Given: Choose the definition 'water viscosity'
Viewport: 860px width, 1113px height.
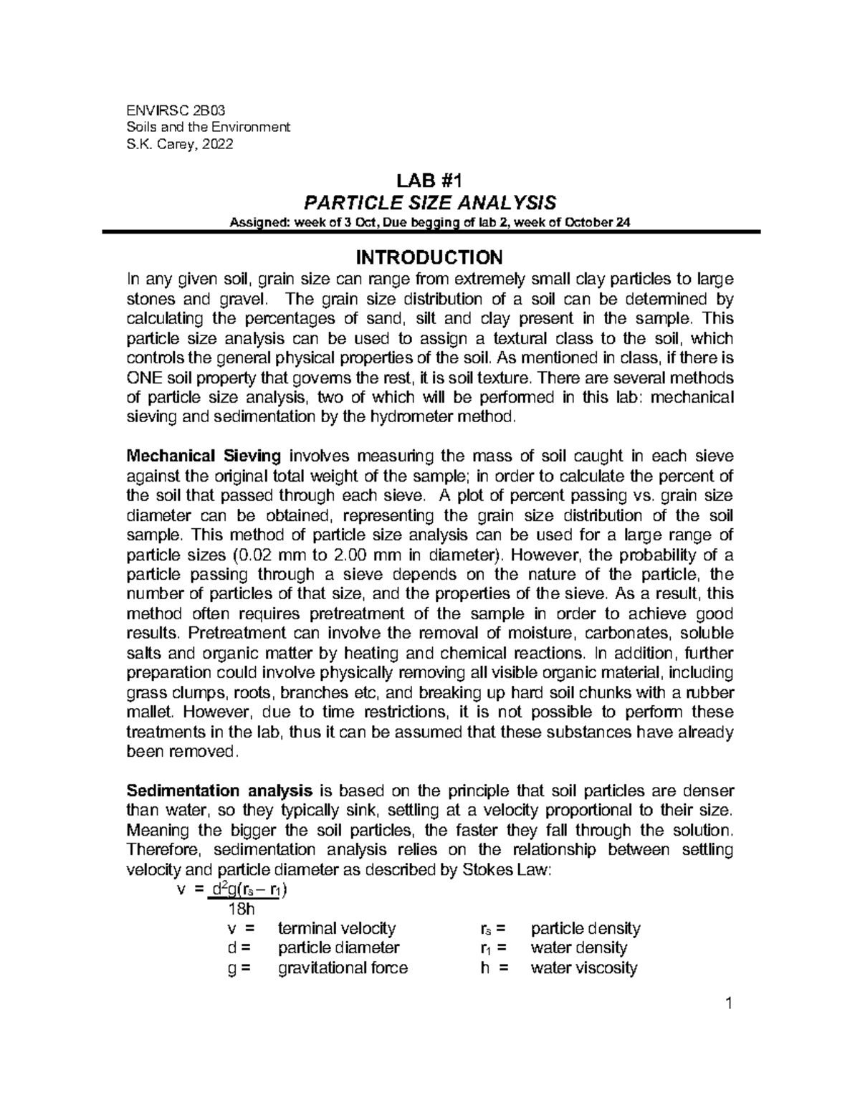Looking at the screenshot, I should tap(583, 968).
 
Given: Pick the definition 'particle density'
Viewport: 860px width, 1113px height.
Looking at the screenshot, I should tap(585, 929).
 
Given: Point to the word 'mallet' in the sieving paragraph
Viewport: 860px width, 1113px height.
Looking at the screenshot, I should tap(148, 712).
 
